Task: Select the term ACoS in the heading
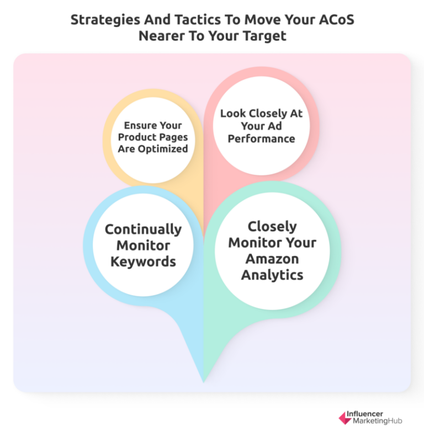tap(335, 20)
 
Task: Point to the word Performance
tap(261, 138)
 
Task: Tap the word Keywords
tap(143, 261)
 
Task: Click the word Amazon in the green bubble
tap(272, 258)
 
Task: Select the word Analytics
tap(272, 274)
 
